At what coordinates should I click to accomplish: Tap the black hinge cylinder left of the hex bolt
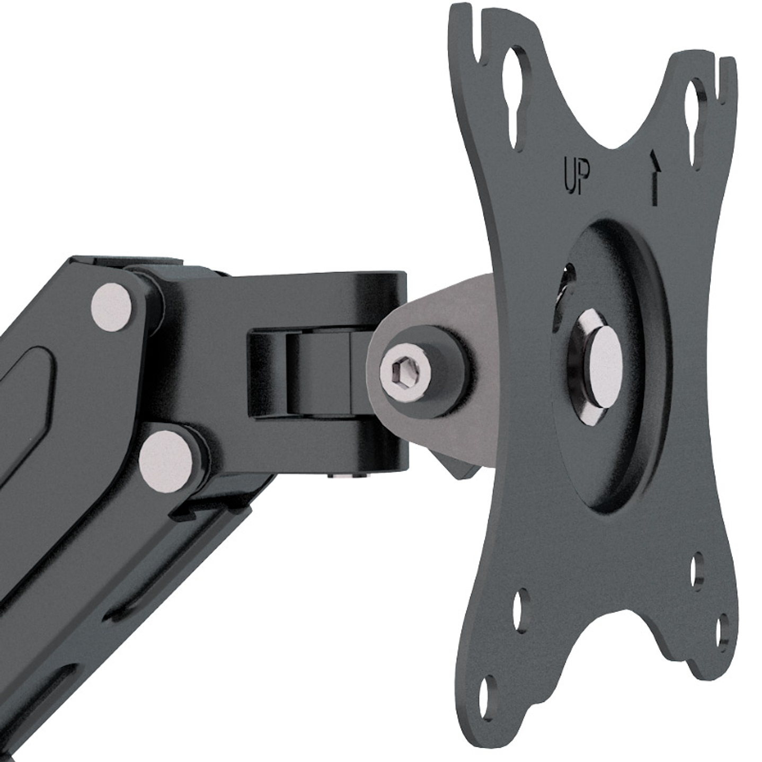coord(318,374)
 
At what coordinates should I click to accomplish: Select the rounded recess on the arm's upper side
coord(26,382)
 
